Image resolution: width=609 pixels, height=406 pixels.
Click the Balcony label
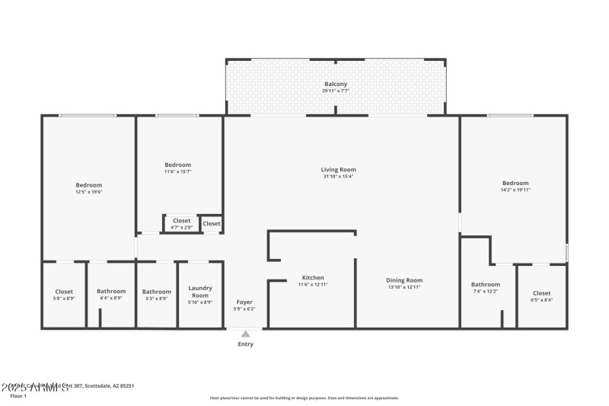pyautogui.click(x=336, y=84)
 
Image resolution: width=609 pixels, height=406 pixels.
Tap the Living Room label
pyautogui.click(x=338, y=170)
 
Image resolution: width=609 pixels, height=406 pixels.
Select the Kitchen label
pyautogui.click(x=313, y=278)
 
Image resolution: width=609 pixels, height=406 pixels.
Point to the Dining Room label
pyautogui.click(x=404, y=280)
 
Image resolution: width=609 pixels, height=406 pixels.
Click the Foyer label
pyautogui.click(x=244, y=302)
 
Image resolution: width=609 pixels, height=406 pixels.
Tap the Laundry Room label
pyautogui.click(x=200, y=291)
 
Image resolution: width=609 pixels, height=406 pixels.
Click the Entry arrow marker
pyautogui.click(x=245, y=334)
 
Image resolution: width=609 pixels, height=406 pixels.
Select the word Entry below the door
pyautogui.click(x=245, y=344)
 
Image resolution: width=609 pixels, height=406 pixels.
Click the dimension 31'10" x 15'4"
pyautogui.click(x=338, y=177)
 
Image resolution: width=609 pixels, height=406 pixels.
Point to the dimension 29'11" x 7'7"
pyautogui.click(x=336, y=91)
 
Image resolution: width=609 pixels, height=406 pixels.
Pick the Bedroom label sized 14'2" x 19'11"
pyautogui.click(x=515, y=183)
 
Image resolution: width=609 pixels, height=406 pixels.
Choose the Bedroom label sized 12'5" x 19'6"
pyautogui.click(x=88, y=185)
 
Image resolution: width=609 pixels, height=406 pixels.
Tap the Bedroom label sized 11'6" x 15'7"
pyautogui.click(x=177, y=165)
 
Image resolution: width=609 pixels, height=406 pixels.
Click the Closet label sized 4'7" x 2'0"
pyautogui.click(x=181, y=221)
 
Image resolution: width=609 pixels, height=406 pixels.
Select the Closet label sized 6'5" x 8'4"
pyautogui.click(x=541, y=293)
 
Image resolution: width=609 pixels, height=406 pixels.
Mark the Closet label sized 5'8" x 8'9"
pyautogui.click(x=64, y=292)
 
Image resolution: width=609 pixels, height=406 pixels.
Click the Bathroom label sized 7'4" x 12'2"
pyautogui.click(x=486, y=285)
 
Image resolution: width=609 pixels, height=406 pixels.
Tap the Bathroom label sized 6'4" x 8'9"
pyautogui.click(x=111, y=292)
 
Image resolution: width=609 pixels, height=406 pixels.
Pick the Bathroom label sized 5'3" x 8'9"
pyautogui.click(x=157, y=292)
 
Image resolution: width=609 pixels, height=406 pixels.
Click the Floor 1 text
pyautogui.click(x=18, y=396)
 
